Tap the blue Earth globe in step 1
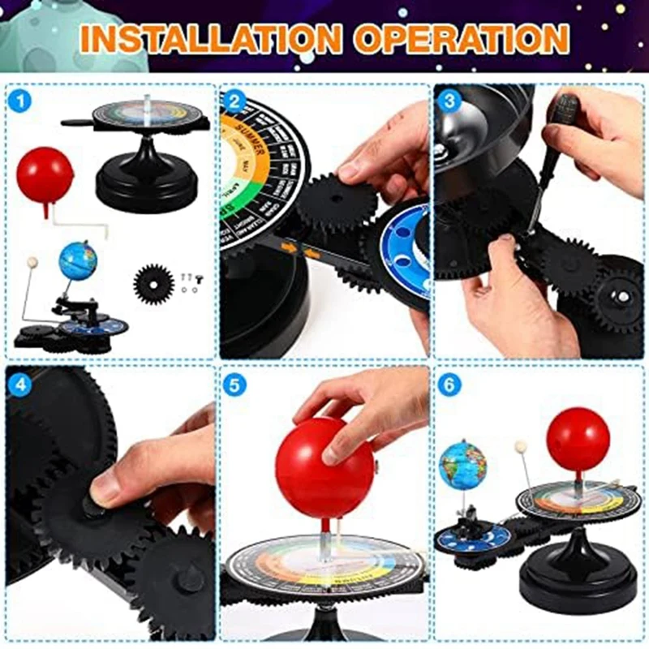(78, 260)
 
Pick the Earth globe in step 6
(462, 465)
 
